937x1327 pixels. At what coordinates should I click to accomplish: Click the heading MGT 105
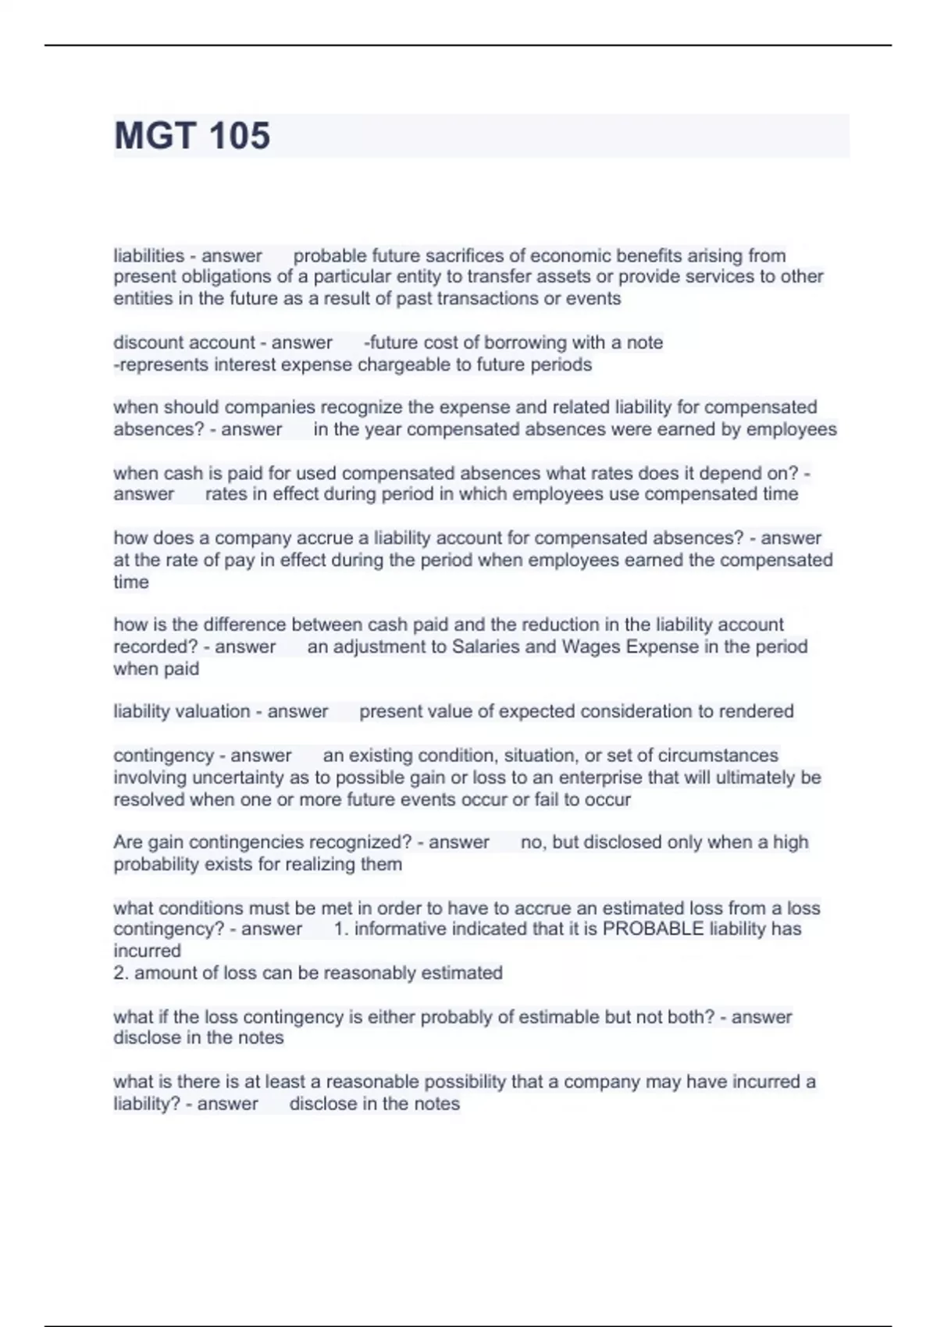[192, 136]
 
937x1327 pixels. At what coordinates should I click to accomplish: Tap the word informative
[398, 929]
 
